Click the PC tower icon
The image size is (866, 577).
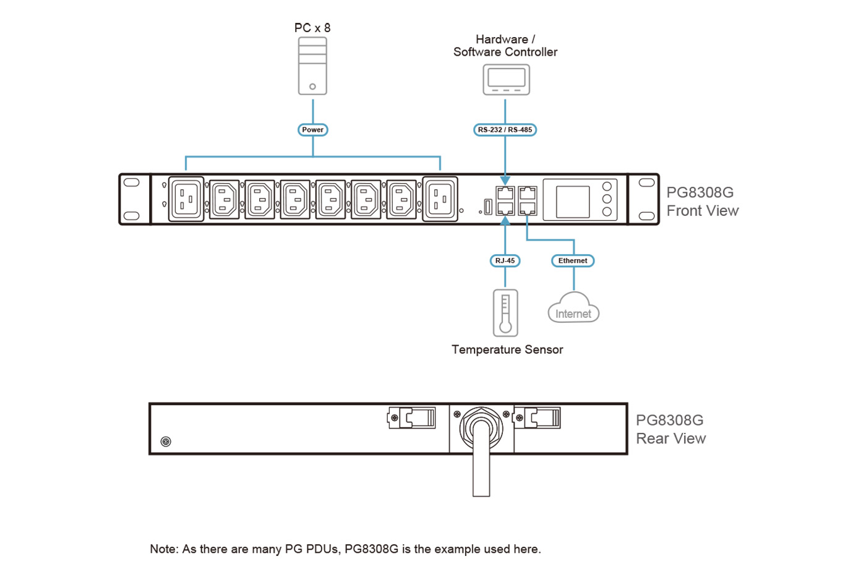pos(312,66)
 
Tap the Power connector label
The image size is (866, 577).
pos(312,130)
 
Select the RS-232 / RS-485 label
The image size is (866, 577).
pos(505,130)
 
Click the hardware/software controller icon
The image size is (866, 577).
pos(506,80)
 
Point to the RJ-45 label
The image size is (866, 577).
pos(505,260)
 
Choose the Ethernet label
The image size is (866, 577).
pos(573,260)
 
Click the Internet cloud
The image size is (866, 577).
pos(573,310)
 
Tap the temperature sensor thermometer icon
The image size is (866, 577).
pos(505,312)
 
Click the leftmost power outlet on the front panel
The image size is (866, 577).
pos(186,199)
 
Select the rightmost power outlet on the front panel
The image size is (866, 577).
pos(440,199)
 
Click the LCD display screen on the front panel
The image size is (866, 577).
pos(573,201)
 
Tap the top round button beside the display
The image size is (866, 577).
pos(607,186)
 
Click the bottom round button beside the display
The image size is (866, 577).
pos(607,212)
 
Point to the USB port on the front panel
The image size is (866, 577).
pos(487,207)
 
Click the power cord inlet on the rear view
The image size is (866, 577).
pos(481,427)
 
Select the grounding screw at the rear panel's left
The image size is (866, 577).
pos(166,442)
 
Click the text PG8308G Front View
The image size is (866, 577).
pos(702,202)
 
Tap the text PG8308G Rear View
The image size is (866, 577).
pos(671,429)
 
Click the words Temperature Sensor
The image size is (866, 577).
pos(507,349)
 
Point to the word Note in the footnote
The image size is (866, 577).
pos(163,549)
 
